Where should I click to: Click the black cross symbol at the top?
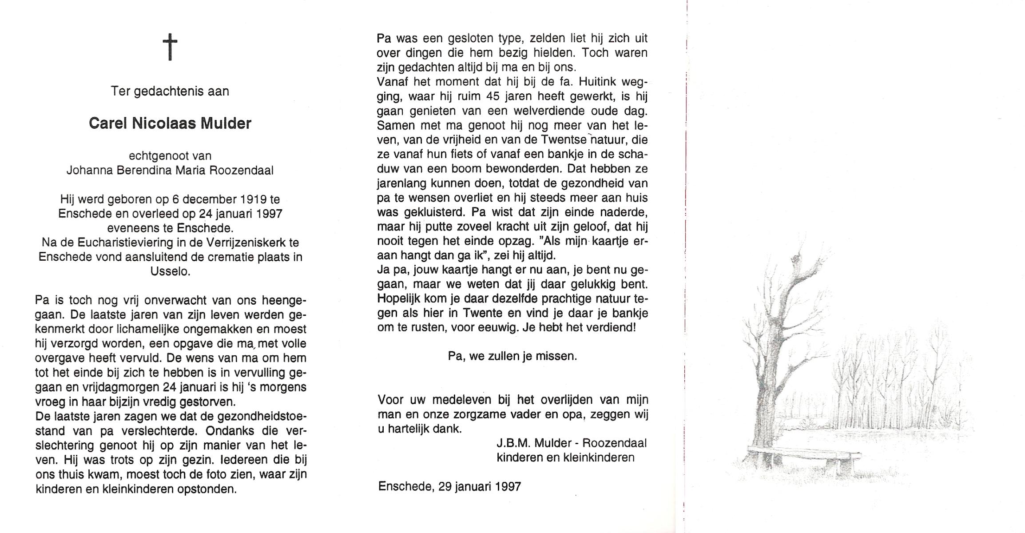coord(170,48)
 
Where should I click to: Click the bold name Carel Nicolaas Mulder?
coord(170,123)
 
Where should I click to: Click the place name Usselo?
coord(170,271)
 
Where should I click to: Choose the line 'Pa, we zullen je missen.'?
coord(512,356)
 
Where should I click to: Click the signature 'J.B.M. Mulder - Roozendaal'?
coord(572,443)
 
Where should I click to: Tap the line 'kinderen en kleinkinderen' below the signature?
coord(565,457)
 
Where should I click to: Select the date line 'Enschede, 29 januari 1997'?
coord(449,486)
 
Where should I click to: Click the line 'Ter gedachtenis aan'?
coord(170,91)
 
